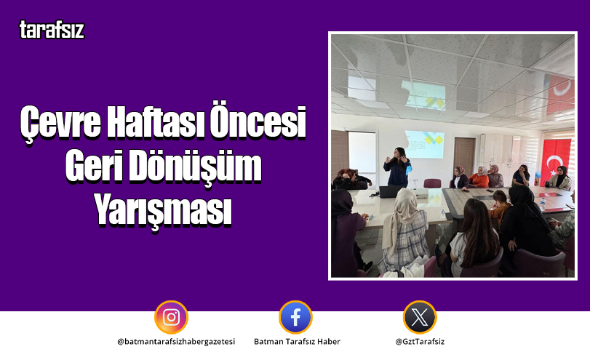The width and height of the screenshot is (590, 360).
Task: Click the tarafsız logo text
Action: (x=52, y=31)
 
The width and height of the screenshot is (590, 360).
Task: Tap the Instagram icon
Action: (x=171, y=317)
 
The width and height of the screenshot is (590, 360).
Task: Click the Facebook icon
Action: (x=295, y=317)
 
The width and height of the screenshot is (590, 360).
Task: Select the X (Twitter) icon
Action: (x=420, y=317)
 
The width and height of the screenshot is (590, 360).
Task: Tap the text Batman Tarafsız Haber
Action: (x=296, y=341)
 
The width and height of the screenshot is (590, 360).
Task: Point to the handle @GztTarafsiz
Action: (x=420, y=341)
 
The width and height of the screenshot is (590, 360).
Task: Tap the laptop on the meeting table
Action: (x=391, y=191)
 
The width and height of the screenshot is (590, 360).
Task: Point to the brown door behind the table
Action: (x=463, y=154)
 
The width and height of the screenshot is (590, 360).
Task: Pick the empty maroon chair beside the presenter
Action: (x=432, y=183)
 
